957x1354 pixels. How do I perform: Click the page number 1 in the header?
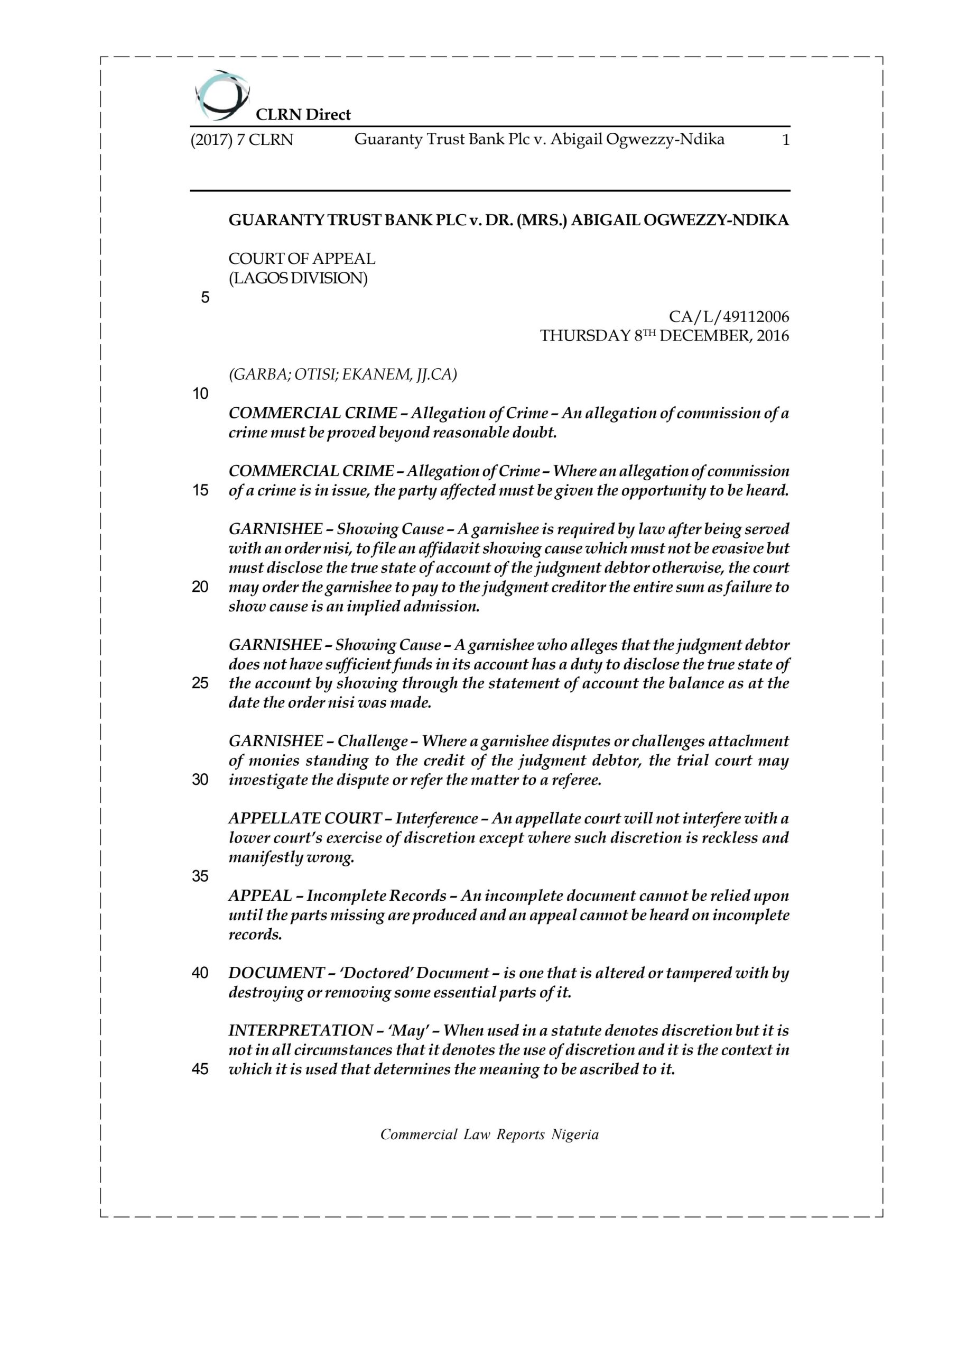pos(785,140)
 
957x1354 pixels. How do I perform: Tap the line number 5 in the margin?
pos(205,298)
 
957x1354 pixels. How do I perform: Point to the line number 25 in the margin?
pos(200,683)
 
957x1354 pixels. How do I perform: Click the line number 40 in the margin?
pos(200,973)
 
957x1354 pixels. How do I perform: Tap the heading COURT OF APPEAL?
pos(302,259)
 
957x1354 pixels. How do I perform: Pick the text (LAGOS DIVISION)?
pos(298,278)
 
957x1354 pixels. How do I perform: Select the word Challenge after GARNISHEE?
pos(373,742)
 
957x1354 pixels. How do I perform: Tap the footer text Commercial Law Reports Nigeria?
pos(489,1135)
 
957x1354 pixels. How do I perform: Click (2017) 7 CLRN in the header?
pos(241,140)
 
